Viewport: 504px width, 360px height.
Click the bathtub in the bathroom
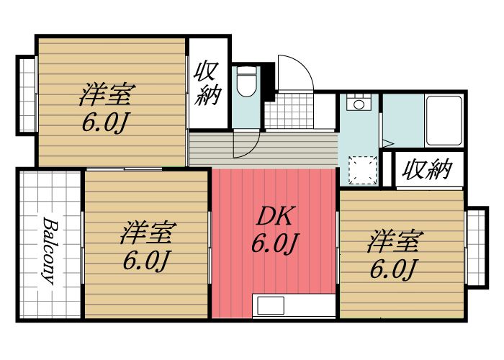pos(444,120)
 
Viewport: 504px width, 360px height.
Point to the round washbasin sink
pos(357,104)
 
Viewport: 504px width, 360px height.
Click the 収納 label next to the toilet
pos(207,85)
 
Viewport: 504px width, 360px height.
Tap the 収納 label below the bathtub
pos(427,170)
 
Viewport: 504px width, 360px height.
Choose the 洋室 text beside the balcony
pos(148,234)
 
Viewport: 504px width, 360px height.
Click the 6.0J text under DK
pos(274,245)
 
